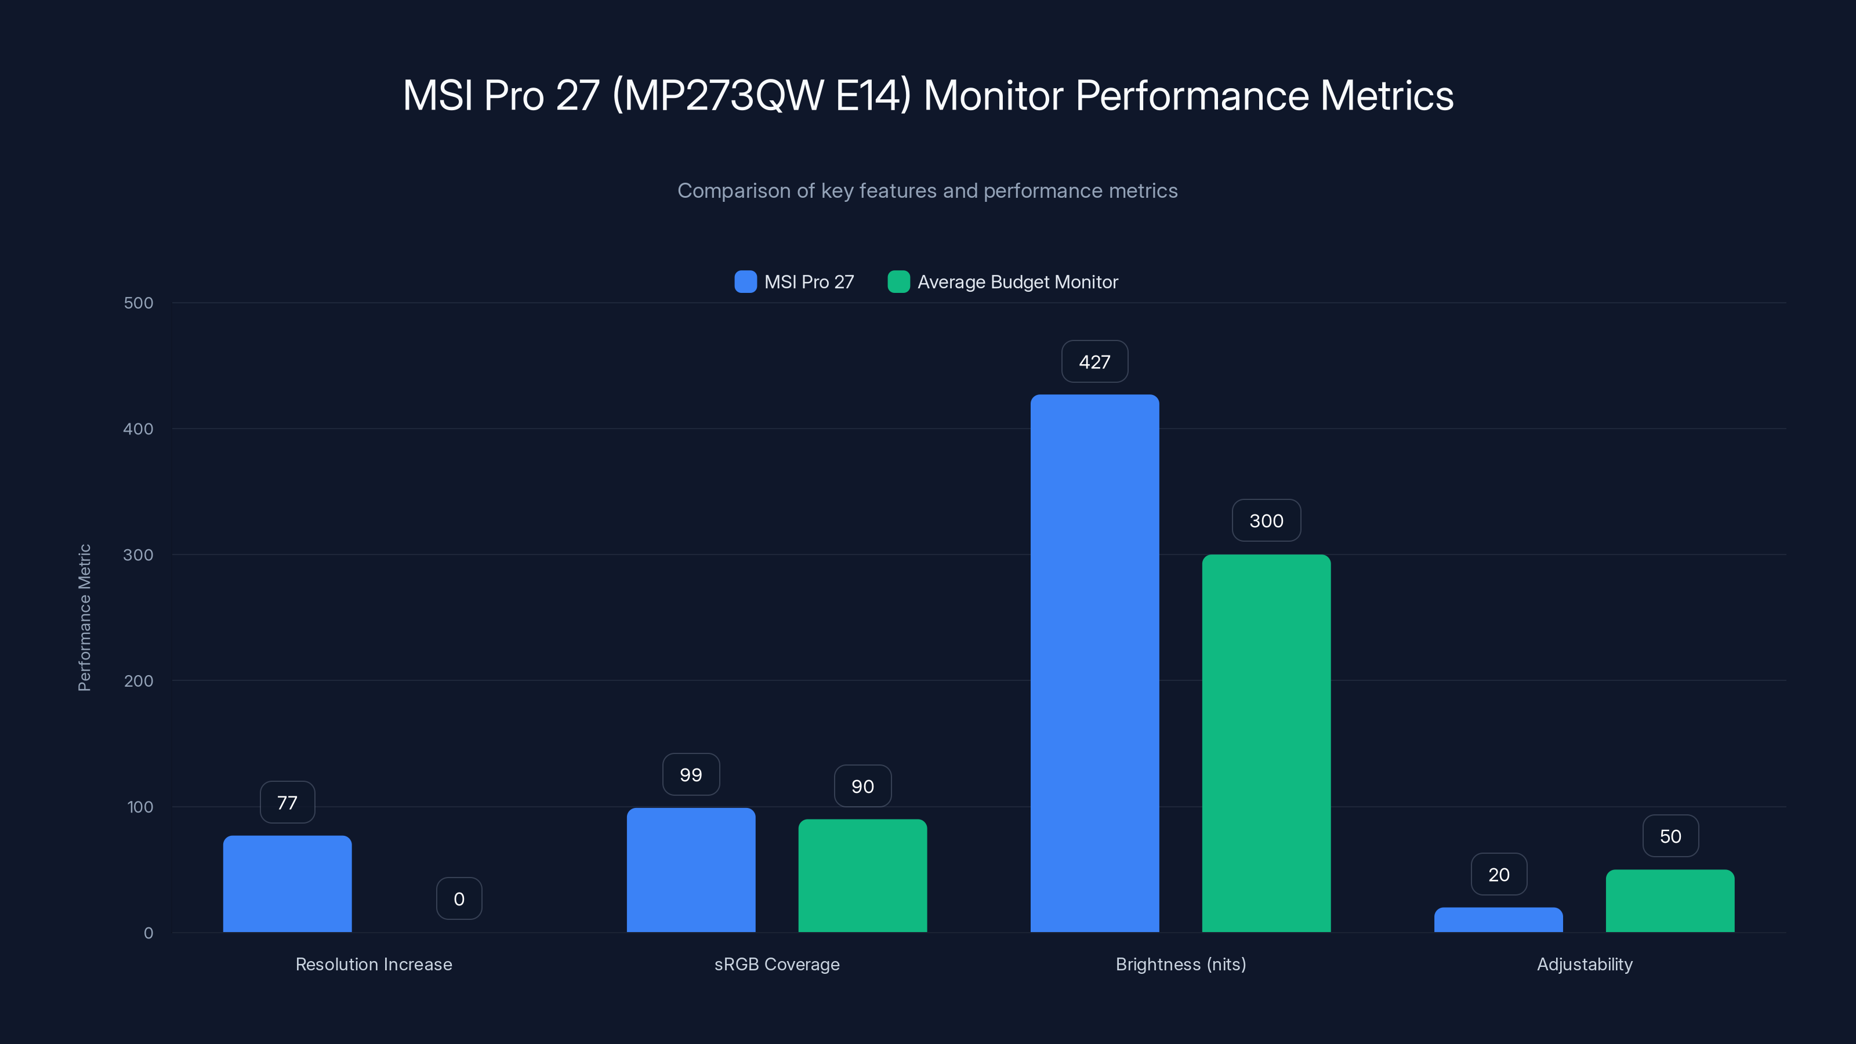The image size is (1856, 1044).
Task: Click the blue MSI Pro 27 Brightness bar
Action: tap(1094, 663)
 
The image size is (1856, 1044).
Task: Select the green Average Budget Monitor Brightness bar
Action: tap(1266, 743)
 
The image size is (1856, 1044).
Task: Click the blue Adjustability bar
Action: tap(1499, 919)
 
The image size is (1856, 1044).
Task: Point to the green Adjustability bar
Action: tap(1670, 901)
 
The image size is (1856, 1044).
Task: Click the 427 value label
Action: tap(1094, 362)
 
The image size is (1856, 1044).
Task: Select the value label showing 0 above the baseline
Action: tap(459, 898)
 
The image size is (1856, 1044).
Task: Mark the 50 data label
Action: tap(1670, 836)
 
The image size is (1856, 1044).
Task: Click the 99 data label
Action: tap(691, 774)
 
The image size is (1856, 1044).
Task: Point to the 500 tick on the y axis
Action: tap(139, 303)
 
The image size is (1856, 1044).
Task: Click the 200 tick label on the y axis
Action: tap(139, 681)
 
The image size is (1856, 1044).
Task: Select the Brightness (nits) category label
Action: tap(1181, 964)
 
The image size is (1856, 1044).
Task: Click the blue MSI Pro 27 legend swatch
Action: tap(745, 282)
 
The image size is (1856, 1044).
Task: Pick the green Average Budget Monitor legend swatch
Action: tap(898, 282)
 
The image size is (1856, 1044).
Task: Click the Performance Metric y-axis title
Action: tap(84, 618)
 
